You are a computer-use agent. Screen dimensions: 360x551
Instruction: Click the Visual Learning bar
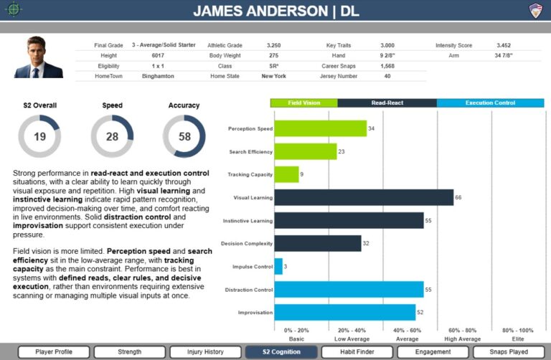(x=364, y=197)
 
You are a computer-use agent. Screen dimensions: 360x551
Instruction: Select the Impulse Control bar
(x=278, y=266)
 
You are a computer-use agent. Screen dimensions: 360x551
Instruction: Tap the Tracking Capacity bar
(x=286, y=174)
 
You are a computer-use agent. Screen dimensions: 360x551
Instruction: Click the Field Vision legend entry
(x=303, y=103)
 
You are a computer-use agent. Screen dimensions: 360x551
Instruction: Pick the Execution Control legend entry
(x=490, y=103)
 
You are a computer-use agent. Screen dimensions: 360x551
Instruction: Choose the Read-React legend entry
(x=387, y=103)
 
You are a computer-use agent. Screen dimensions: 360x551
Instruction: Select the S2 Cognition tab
(x=281, y=352)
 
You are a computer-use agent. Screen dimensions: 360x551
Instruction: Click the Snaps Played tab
(x=507, y=352)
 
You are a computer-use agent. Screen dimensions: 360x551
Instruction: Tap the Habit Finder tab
(x=356, y=352)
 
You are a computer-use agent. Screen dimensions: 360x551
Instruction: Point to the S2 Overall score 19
(x=39, y=137)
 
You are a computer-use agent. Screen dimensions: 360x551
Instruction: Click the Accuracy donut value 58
(x=184, y=137)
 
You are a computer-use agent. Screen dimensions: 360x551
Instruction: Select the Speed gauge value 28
(x=112, y=137)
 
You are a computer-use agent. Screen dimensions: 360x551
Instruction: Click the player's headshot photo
(x=38, y=57)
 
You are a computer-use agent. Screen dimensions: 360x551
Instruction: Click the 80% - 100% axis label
(x=517, y=331)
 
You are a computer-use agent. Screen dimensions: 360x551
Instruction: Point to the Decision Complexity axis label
(x=246, y=244)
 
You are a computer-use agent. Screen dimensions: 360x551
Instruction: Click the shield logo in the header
(x=535, y=10)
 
